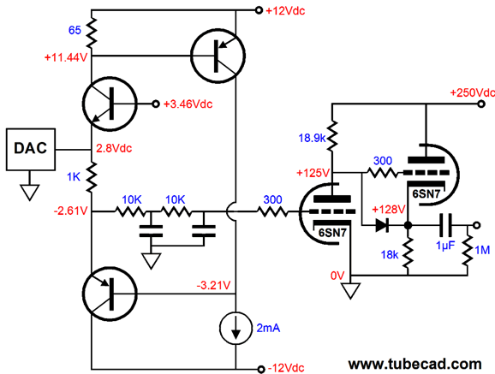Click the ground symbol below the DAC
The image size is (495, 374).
point(30,193)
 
